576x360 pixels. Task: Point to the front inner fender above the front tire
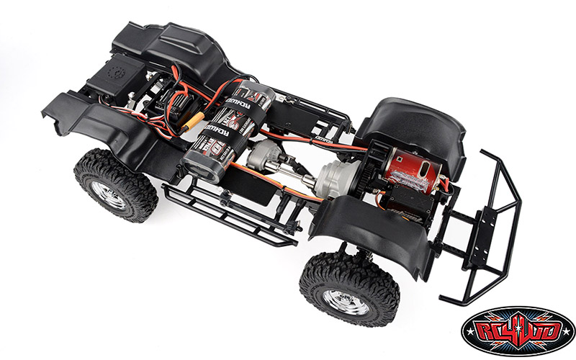367,230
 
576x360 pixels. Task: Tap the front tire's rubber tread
317,277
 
